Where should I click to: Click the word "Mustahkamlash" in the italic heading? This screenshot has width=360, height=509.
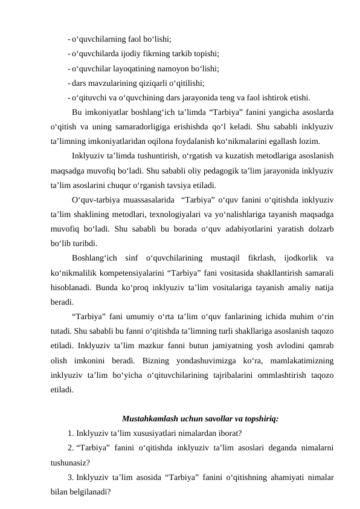[x=147, y=418]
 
